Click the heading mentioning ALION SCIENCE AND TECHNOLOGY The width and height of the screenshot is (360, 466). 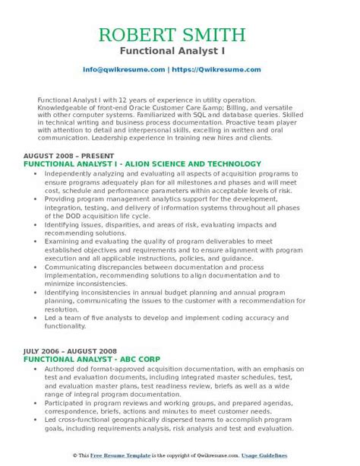tap(142, 163)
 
